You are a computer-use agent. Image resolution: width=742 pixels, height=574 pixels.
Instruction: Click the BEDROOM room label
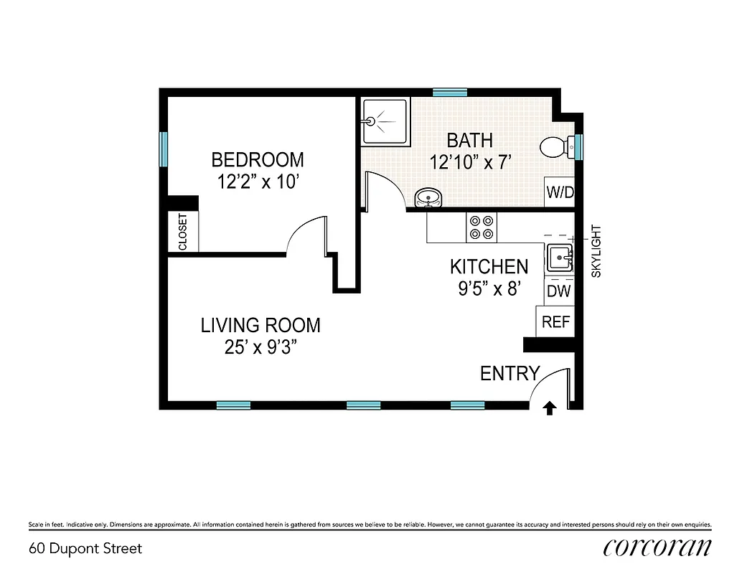257,159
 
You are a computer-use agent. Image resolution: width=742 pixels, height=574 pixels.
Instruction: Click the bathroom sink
429,197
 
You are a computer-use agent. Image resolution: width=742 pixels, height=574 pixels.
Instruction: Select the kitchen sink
559,256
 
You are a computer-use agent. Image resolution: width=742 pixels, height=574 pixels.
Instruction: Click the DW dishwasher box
558,291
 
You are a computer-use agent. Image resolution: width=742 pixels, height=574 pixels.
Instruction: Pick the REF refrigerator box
555,322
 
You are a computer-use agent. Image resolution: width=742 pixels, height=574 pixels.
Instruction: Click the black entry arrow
550,408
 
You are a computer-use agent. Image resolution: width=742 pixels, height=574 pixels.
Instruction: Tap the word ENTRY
509,373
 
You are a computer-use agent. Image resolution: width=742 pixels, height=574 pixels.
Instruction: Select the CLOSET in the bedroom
183,232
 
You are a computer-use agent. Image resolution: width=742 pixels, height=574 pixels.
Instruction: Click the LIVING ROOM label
260,325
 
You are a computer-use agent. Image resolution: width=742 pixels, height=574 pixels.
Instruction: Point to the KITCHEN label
489,267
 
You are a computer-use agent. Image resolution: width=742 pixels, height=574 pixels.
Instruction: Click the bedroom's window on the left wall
164,148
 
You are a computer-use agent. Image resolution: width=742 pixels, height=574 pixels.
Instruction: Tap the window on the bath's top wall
450,92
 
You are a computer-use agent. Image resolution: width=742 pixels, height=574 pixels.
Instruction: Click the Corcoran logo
657,547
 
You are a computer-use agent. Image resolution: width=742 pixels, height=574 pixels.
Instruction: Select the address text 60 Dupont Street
85,549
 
